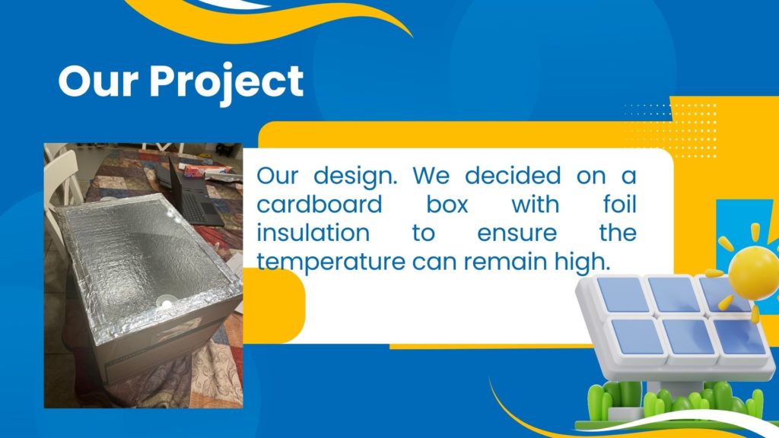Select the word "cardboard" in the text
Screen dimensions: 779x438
[x=320, y=204]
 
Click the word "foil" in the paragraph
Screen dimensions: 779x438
[x=619, y=204]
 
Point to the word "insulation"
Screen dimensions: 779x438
[x=313, y=233]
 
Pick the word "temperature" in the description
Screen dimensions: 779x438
[x=331, y=262]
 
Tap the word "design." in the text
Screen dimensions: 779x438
[x=356, y=176]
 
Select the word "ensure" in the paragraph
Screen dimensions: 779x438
[x=517, y=233]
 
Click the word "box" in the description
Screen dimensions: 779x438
[x=447, y=204]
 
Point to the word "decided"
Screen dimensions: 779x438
[x=513, y=176]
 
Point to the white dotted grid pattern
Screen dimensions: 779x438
[x=671, y=130]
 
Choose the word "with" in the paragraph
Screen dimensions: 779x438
[x=536, y=204]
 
